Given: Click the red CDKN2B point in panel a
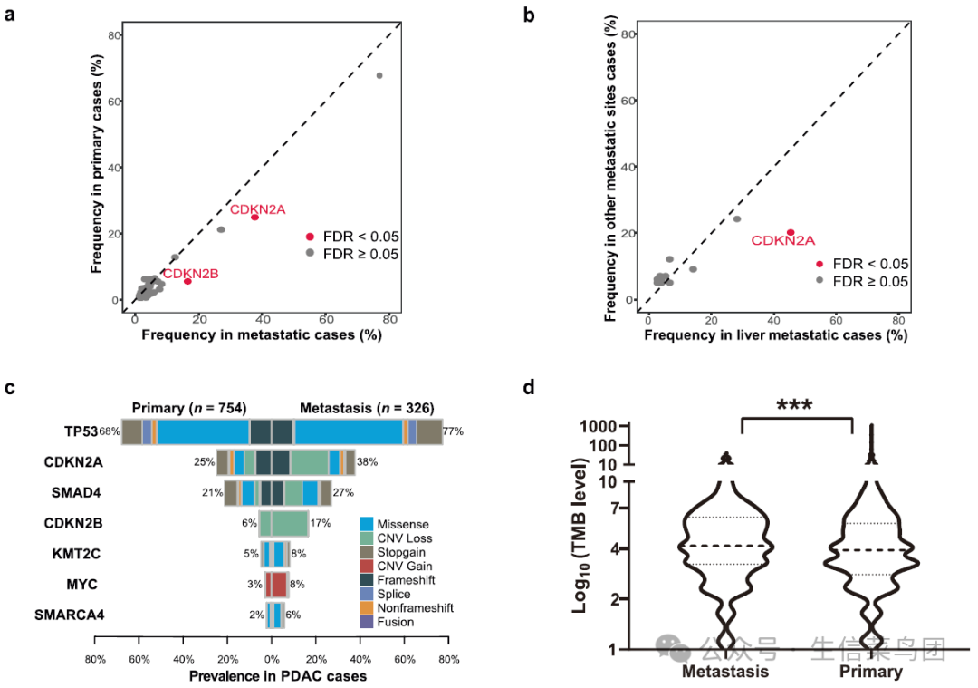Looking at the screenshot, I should pos(187,281).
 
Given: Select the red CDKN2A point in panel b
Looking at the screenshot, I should pos(791,232).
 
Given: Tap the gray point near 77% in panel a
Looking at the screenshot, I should pos(379,75).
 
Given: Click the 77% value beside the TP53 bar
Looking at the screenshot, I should pos(453,432).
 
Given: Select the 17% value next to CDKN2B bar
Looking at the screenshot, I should pos(320,523).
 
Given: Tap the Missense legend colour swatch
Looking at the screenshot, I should pos(367,524).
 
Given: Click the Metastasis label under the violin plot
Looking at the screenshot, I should pos(725,672).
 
